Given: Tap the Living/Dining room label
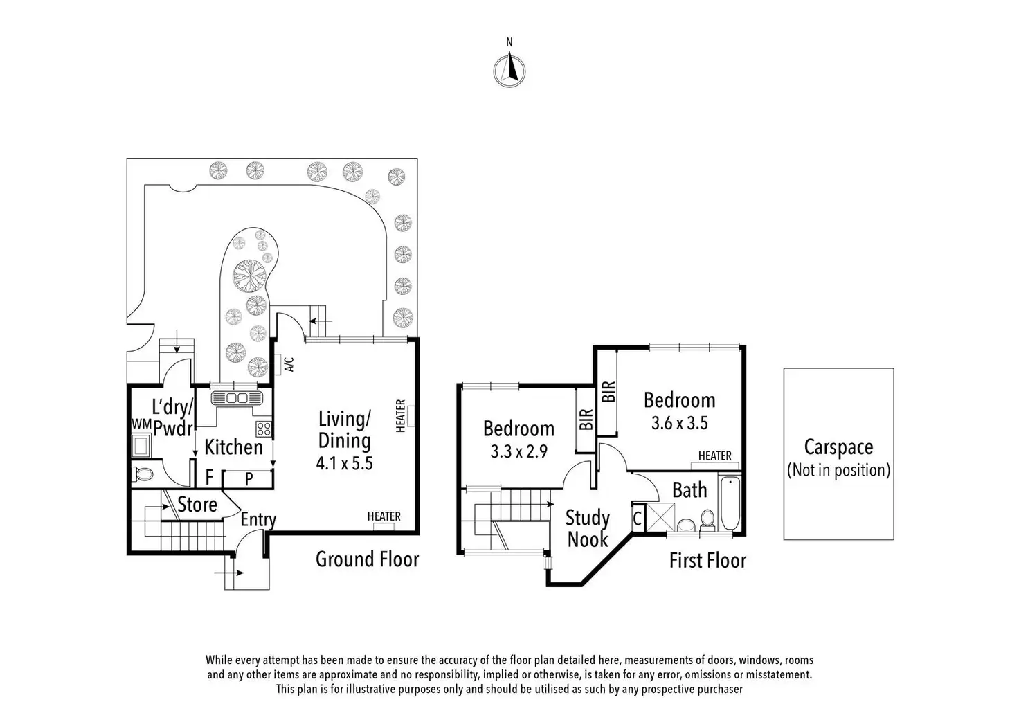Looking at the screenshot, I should tap(344, 430).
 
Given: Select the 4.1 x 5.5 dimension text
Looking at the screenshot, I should tap(344, 463).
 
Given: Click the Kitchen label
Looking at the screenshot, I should tap(233, 447).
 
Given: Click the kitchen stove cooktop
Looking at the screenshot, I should tap(263, 429).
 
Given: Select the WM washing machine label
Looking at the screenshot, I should tap(141, 423).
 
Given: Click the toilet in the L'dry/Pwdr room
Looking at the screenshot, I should tap(143, 474).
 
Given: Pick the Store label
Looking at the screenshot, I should tap(197, 505).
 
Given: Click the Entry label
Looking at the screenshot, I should tap(258, 519).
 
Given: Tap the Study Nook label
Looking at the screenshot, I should tap(588, 528).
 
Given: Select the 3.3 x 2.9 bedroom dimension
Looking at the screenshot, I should tap(519, 452).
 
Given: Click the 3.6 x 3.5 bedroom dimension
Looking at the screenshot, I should tap(679, 422).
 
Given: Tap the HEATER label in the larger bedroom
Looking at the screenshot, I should tap(715, 456).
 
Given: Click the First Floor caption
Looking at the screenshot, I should tap(707, 560).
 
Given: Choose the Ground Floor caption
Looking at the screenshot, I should tap(367, 559).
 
